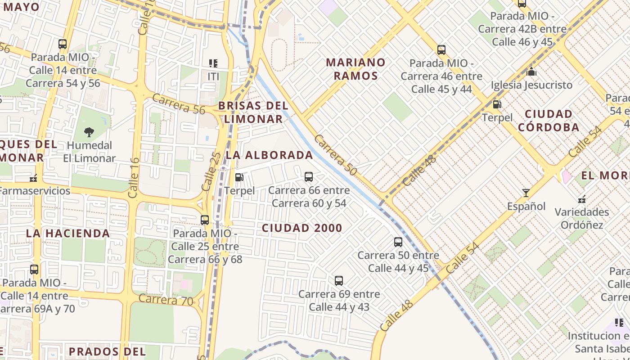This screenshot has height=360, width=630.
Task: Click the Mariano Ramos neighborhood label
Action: tap(355, 68)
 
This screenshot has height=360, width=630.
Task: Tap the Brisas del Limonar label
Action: tap(253, 112)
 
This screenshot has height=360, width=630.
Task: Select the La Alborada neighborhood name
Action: tap(269, 155)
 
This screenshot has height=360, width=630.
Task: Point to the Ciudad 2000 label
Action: tap(302, 228)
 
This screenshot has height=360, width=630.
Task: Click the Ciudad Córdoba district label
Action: tap(549, 120)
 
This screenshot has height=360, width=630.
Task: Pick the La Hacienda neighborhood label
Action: tap(68, 233)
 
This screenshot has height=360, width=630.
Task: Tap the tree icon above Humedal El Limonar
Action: tap(89, 132)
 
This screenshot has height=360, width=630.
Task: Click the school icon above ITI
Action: tap(213, 63)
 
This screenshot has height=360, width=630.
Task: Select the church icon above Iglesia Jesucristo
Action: tap(531, 72)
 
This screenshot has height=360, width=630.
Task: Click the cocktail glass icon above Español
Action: tap(526, 193)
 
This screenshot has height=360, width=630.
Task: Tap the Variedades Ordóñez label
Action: tap(581, 218)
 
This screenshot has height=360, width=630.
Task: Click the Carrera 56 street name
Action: tap(178, 104)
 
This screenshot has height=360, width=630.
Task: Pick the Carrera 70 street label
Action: tap(166, 300)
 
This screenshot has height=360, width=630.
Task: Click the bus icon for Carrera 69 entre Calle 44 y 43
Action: tap(339, 281)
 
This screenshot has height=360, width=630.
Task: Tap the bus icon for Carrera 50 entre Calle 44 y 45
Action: tap(398, 242)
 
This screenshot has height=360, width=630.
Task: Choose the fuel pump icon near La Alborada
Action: tap(239, 177)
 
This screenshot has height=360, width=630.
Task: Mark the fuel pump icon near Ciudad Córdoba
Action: tap(497, 104)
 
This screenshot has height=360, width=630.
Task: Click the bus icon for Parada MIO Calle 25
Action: tap(205, 220)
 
